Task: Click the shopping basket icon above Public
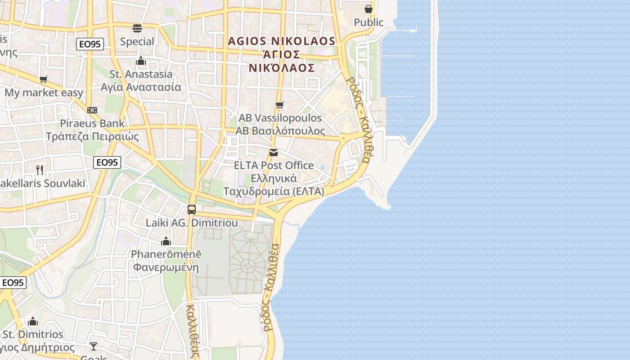369,9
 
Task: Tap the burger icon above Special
137,28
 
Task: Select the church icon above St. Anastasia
141,61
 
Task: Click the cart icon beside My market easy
44,80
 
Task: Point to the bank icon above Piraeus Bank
92,110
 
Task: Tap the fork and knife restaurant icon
40,170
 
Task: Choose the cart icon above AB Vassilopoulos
280,105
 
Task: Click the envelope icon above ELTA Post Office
274,153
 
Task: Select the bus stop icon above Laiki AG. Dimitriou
192,209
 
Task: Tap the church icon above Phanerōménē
166,241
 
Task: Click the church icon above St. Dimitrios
33,321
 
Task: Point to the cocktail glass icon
93,346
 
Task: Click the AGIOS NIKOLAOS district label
282,41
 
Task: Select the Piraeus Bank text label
92,123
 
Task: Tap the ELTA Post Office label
274,165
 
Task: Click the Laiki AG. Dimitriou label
192,223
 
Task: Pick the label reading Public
369,22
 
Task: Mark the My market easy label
44,93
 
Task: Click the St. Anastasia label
141,74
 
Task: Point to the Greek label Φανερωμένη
166,267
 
